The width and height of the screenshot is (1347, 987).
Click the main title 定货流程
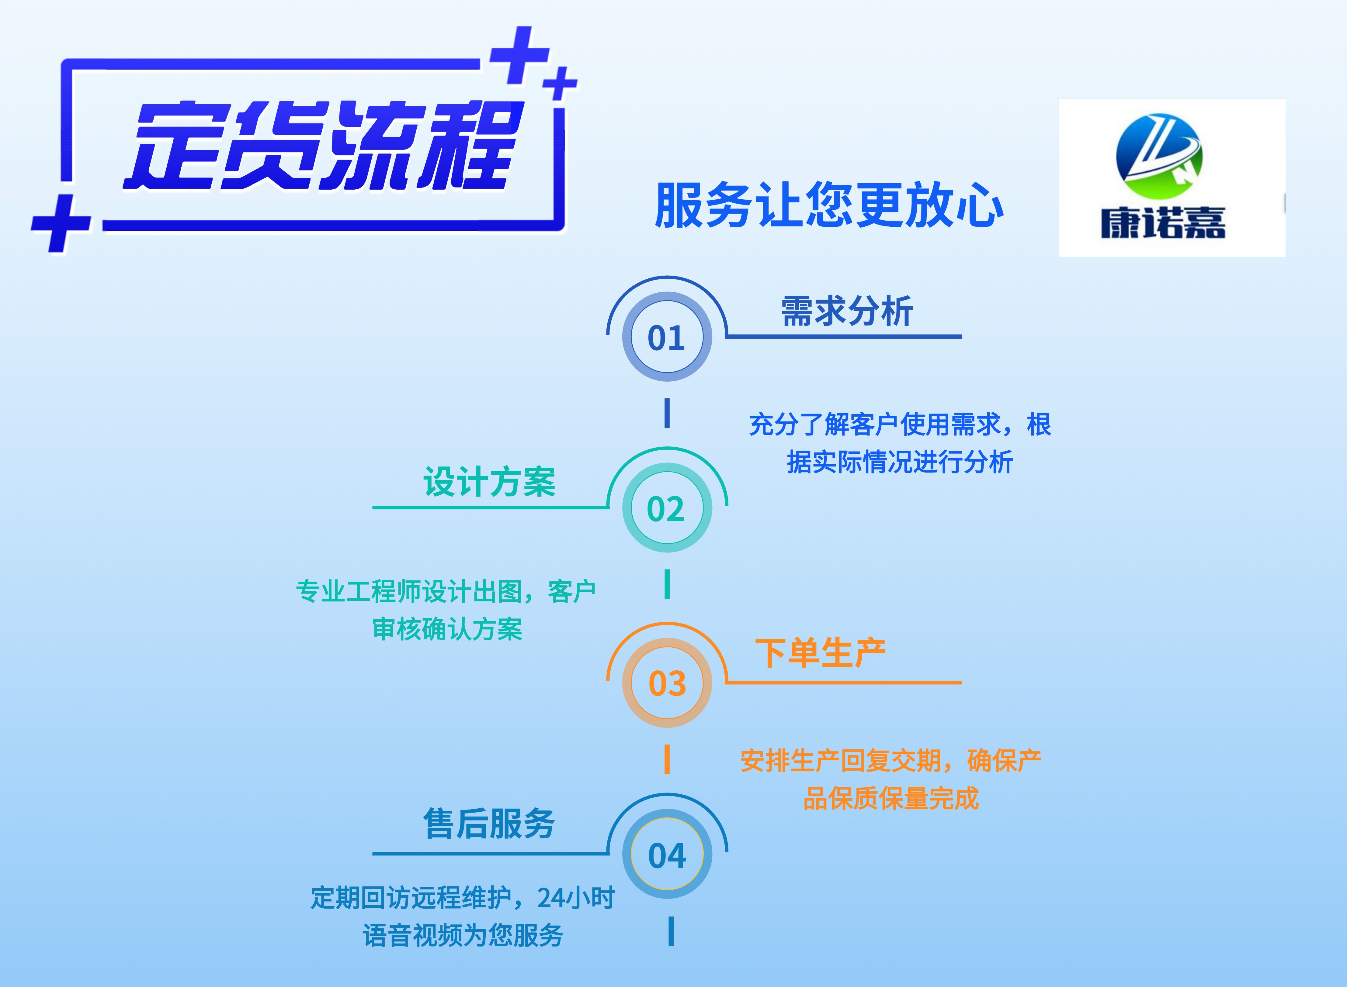pos(323,145)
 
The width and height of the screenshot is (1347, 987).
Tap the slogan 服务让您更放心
pos(829,205)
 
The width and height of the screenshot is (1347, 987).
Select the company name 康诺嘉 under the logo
pos(1163,223)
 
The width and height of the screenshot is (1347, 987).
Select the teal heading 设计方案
pos(489,482)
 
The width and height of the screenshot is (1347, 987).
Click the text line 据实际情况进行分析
pos(900,462)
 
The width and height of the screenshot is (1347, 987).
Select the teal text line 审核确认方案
pos(447,629)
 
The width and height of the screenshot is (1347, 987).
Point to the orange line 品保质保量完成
pos(891,798)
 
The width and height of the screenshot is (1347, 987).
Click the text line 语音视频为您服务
pos(463,935)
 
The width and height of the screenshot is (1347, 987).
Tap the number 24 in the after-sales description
pos(550,897)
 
